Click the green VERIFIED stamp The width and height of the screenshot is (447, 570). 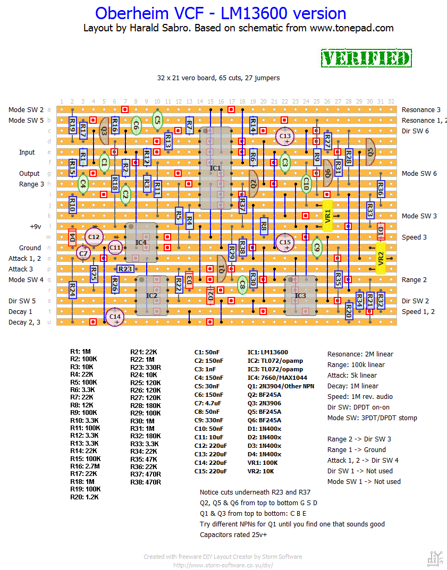(366, 58)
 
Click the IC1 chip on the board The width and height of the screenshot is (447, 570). (215, 168)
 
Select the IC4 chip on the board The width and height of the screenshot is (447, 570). (141, 242)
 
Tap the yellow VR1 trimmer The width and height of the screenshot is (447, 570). (327, 216)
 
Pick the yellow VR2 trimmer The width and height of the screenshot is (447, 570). (381, 258)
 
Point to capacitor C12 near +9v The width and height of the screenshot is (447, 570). (94, 237)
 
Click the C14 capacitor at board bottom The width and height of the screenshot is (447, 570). (115, 317)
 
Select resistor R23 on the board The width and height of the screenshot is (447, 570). (125, 269)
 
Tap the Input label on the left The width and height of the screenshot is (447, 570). (27, 152)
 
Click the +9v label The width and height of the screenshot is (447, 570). (35, 226)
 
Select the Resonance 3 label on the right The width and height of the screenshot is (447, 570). (421, 109)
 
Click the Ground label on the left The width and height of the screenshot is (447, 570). (30, 248)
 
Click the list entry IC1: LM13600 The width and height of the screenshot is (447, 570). (267, 352)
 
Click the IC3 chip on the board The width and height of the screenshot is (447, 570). (300, 295)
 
